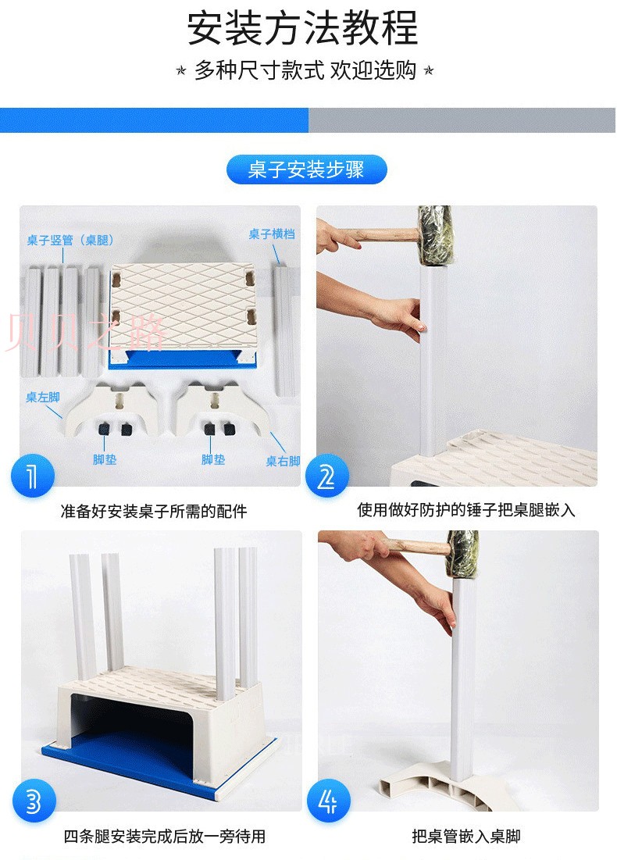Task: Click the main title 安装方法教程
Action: (x=303, y=29)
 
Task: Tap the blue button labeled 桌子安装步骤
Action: (x=307, y=170)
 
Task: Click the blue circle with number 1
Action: (x=32, y=475)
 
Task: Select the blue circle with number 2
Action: (x=327, y=475)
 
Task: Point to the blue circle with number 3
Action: (x=34, y=801)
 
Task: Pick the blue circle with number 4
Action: (x=329, y=801)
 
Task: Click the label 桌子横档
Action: (x=272, y=234)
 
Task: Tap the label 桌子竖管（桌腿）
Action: (x=70, y=241)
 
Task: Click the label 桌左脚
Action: (x=43, y=397)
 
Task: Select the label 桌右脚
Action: (x=283, y=462)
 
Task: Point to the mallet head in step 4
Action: (x=462, y=554)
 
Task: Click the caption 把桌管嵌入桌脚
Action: (x=466, y=837)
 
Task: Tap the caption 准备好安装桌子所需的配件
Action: (x=154, y=512)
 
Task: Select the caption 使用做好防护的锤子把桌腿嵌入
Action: (x=466, y=510)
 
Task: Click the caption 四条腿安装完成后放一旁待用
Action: (x=165, y=837)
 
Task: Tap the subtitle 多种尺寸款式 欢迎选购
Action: (x=305, y=70)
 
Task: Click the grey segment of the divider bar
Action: (x=462, y=120)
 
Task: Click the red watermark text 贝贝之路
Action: (x=86, y=333)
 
